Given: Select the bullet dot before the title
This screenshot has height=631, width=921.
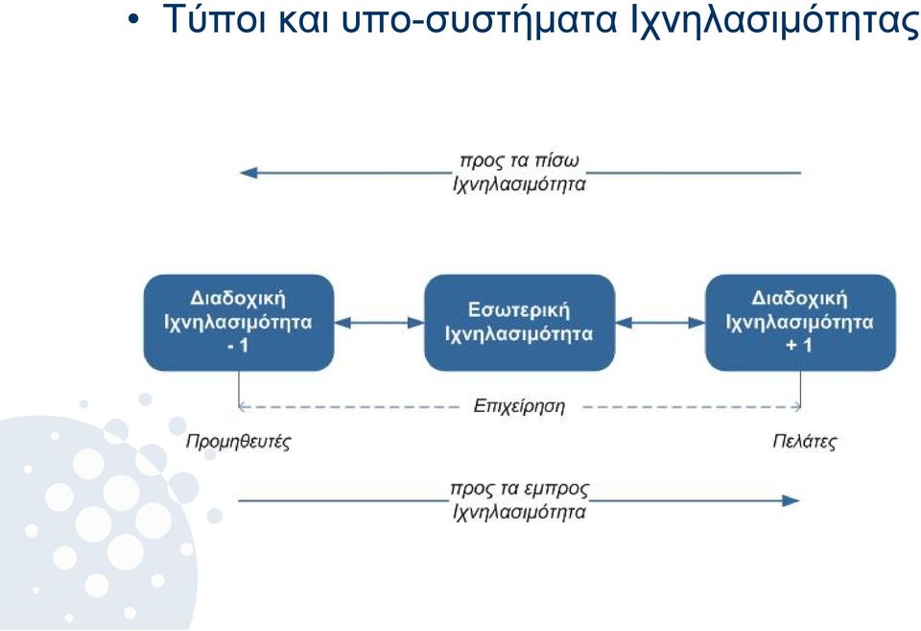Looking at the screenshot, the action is click(x=134, y=20).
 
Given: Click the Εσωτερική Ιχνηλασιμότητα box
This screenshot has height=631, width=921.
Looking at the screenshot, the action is click(x=519, y=323).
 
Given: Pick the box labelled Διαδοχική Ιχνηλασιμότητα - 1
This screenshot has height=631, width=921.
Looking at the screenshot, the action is click(x=239, y=323).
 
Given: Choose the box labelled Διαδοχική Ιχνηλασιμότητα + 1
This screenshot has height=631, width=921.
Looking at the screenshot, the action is click(x=800, y=323).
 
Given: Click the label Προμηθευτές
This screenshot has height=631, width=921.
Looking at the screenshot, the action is click(x=238, y=441).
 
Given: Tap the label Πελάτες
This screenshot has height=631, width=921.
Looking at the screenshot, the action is click(x=804, y=441).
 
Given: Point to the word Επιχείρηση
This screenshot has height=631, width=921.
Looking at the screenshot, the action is click(x=519, y=406).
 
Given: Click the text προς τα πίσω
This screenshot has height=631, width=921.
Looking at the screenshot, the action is click(x=519, y=160).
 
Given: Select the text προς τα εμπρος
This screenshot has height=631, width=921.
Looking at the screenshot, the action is click(x=519, y=489).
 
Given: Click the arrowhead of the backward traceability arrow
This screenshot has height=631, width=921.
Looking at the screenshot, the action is click(x=248, y=173).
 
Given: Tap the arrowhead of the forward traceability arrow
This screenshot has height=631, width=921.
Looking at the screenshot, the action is click(x=791, y=501).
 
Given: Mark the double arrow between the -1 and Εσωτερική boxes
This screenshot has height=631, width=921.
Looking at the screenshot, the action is click(x=379, y=323).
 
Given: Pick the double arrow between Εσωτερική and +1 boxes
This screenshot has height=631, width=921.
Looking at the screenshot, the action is click(x=660, y=323).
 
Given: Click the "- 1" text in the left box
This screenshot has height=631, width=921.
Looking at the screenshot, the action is click(x=239, y=346).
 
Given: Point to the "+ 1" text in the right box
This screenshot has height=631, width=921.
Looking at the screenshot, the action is click(x=799, y=345).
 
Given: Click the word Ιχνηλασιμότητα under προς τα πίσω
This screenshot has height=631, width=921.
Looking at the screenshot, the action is click(x=519, y=184).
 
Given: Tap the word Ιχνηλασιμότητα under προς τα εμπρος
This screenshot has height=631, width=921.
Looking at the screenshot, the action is click(x=519, y=512).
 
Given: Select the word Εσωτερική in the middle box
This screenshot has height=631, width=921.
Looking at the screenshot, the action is click(x=519, y=310).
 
